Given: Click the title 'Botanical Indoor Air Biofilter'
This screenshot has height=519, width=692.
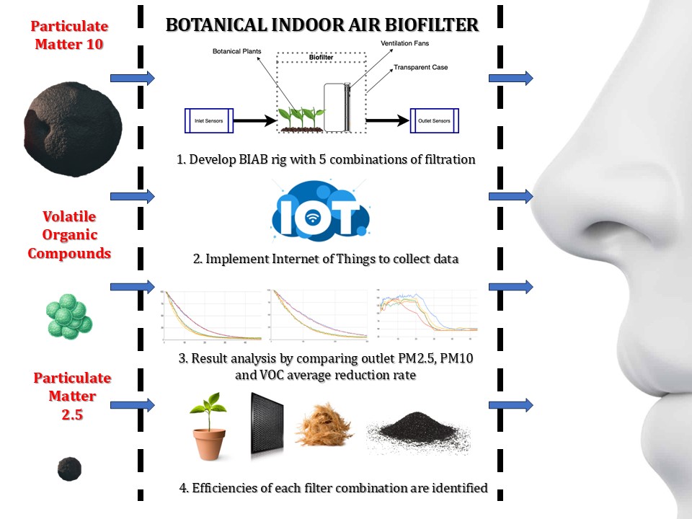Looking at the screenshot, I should pyautogui.click(x=321, y=25).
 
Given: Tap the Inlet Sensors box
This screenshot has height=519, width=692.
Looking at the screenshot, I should pyautogui.click(x=208, y=120).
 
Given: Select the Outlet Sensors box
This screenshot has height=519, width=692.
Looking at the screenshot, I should pyautogui.click(x=435, y=121).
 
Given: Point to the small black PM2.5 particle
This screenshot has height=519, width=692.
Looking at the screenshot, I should pyautogui.click(x=69, y=469).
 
